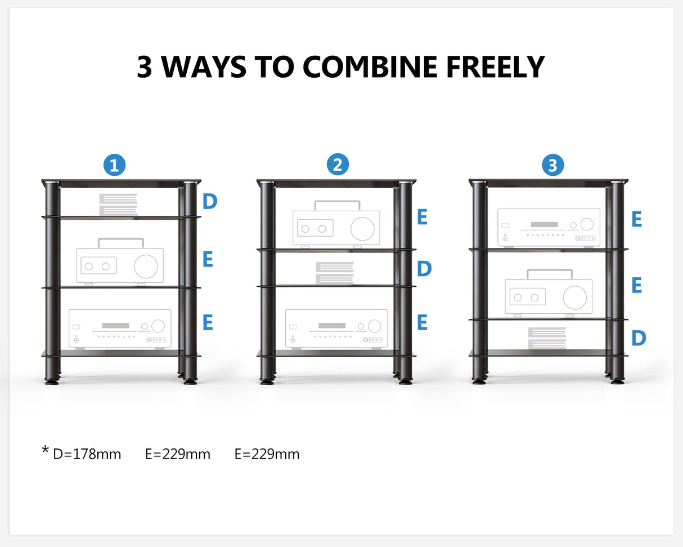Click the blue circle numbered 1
[114, 166]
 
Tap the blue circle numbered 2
[338, 164]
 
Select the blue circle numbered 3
[552, 165]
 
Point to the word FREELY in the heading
[496, 66]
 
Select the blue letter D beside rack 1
[210, 201]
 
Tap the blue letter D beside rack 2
[424, 269]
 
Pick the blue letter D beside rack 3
[638, 338]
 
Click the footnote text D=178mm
[87, 454]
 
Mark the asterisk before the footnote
[45, 451]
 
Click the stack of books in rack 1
[118, 204]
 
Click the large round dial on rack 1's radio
[146, 266]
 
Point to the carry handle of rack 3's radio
[549, 273]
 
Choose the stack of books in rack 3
[547, 337]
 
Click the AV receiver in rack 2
[336, 328]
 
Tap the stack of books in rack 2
[335, 273]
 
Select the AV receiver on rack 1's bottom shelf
[120, 328]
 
